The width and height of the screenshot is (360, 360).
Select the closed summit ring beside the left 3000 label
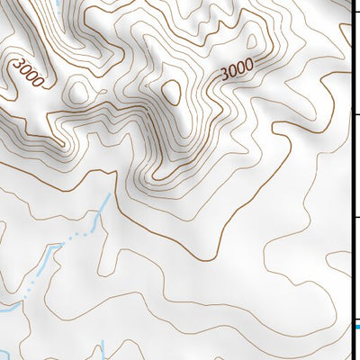tap(78, 91)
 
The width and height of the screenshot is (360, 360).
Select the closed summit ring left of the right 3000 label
tap(171, 91)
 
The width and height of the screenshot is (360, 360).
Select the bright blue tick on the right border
tap(356, 327)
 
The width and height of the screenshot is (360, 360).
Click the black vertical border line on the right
tap(351, 180)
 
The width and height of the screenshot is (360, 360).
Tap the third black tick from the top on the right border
tap(355, 217)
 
